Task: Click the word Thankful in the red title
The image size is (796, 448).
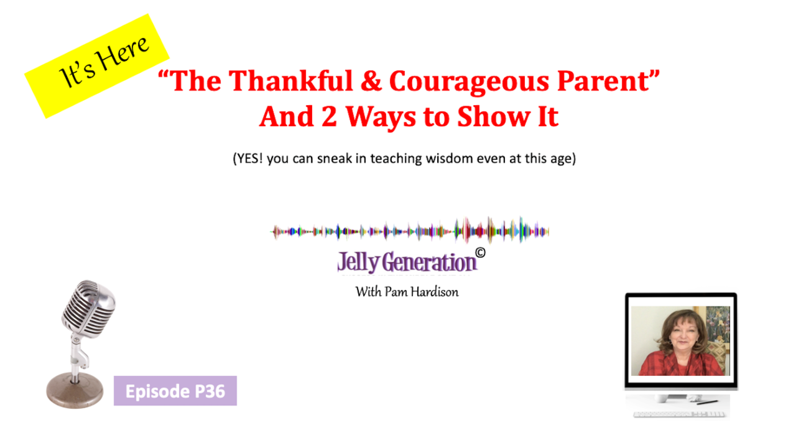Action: [x=290, y=80]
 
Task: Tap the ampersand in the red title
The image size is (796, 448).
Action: [x=371, y=81]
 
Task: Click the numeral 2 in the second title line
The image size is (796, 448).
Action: [x=329, y=116]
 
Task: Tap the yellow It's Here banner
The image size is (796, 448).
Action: [x=97, y=66]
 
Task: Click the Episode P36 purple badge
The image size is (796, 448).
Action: [x=175, y=391]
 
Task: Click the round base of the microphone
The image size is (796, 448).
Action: [x=75, y=390]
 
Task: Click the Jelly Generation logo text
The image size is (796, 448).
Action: [x=407, y=263]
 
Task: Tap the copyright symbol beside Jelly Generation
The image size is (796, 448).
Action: [x=480, y=253]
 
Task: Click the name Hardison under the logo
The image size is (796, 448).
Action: [x=435, y=292]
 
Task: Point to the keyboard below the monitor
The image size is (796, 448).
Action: [x=679, y=414]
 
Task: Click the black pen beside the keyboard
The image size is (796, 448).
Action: [x=707, y=403]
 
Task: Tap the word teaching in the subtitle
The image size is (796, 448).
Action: [x=396, y=159]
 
